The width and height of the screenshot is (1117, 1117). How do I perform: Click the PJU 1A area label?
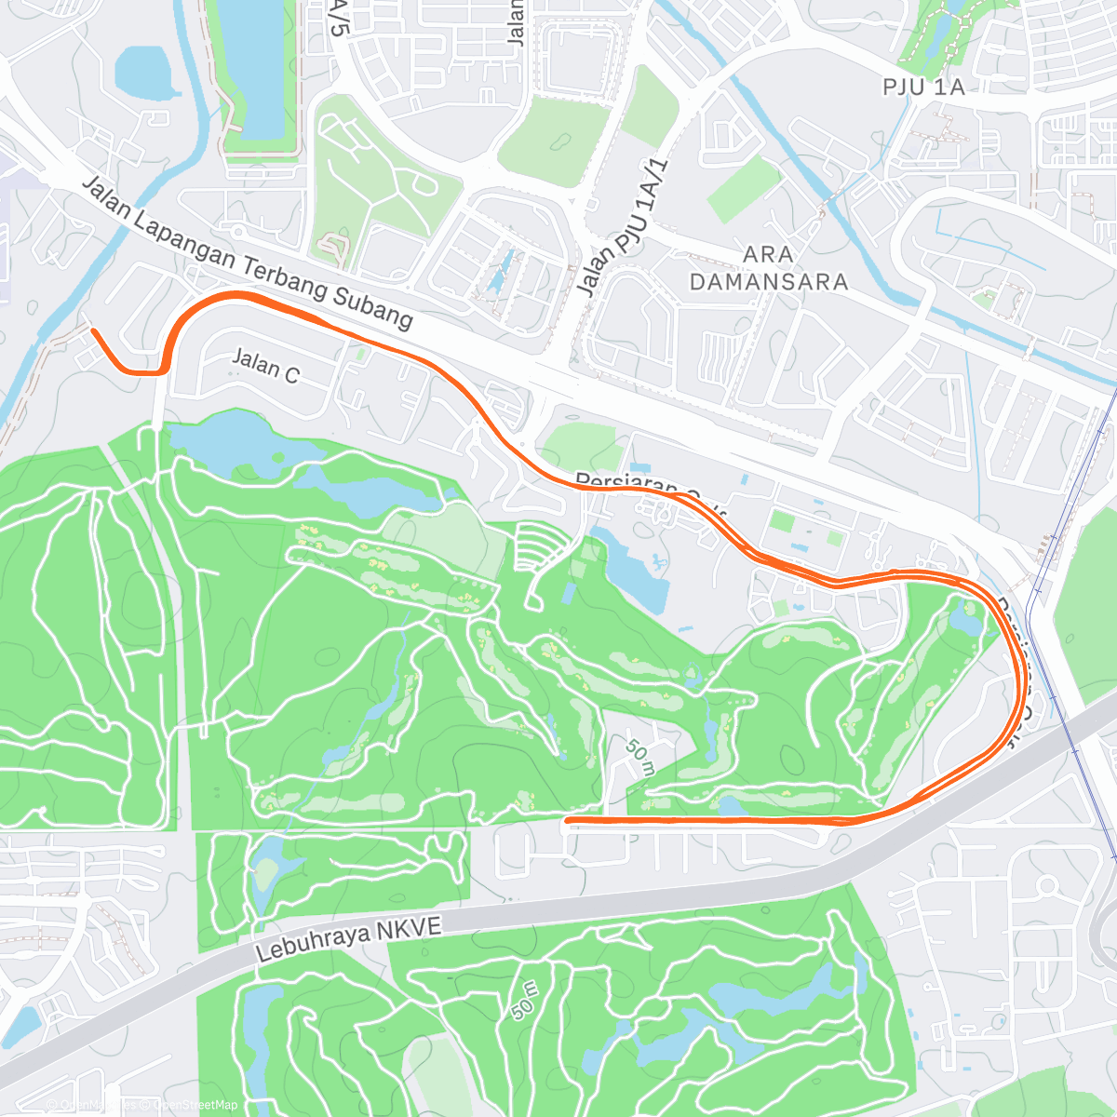point(923,87)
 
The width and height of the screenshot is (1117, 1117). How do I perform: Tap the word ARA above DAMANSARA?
point(768,254)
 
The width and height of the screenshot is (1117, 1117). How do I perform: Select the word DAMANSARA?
point(769,281)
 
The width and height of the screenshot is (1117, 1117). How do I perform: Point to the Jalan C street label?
point(265,366)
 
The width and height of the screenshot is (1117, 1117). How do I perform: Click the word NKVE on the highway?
point(414,928)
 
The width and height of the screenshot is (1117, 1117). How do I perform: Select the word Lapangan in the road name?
point(183,237)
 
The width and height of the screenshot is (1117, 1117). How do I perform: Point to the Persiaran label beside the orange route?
point(619,483)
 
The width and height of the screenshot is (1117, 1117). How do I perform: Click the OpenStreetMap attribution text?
point(194,1105)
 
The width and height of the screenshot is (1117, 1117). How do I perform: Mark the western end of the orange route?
point(92,330)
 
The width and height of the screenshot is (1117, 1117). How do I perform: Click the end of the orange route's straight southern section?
point(567,820)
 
